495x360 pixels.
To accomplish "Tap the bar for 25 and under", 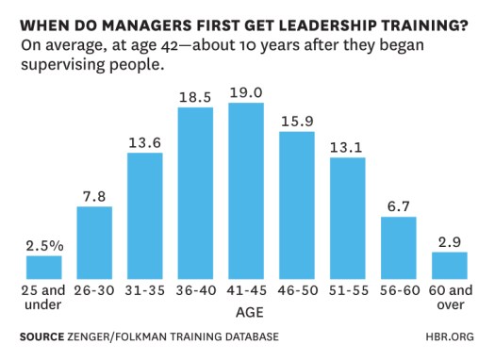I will pos(43,267).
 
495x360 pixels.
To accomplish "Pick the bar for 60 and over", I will pos(449,265).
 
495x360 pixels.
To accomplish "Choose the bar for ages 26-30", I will pos(94,241).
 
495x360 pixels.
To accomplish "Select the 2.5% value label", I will pos(44,245).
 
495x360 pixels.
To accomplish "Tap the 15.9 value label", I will pos(297,121).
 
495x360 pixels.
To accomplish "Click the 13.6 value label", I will pos(145,141).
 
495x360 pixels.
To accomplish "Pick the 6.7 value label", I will pos(398,206).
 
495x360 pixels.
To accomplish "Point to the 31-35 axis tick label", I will pos(145,292).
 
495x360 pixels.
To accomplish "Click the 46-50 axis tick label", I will pos(297,292).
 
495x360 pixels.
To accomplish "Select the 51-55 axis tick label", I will pos(348,292).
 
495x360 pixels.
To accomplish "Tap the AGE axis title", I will pos(246,308).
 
